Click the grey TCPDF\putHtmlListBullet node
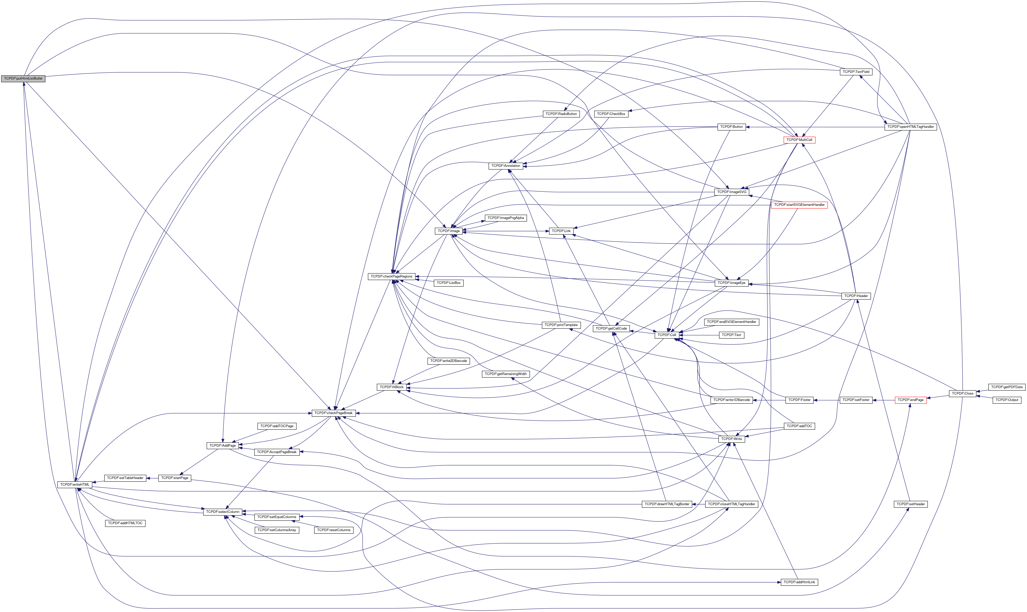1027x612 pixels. click(x=23, y=78)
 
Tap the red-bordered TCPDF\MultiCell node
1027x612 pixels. click(x=799, y=140)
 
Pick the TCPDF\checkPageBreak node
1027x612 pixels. click(x=333, y=413)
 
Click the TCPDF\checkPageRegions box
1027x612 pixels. click(x=391, y=276)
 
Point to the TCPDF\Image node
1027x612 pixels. click(x=448, y=231)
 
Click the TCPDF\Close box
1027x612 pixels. click(x=962, y=394)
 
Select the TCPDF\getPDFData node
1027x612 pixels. click(x=1007, y=387)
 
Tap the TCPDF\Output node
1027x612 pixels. click(x=1007, y=400)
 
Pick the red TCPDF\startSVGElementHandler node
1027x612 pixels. click(x=799, y=205)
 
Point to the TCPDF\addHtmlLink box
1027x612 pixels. click(x=799, y=582)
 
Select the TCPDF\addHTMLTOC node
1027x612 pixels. click(x=125, y=523)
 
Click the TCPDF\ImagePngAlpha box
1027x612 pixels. click(x=505, y=218)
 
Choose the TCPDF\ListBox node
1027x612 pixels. click(x=448, y=283)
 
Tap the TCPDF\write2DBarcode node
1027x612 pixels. click(x=448, y=361)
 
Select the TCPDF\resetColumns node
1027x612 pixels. click(x=333, y=530)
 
